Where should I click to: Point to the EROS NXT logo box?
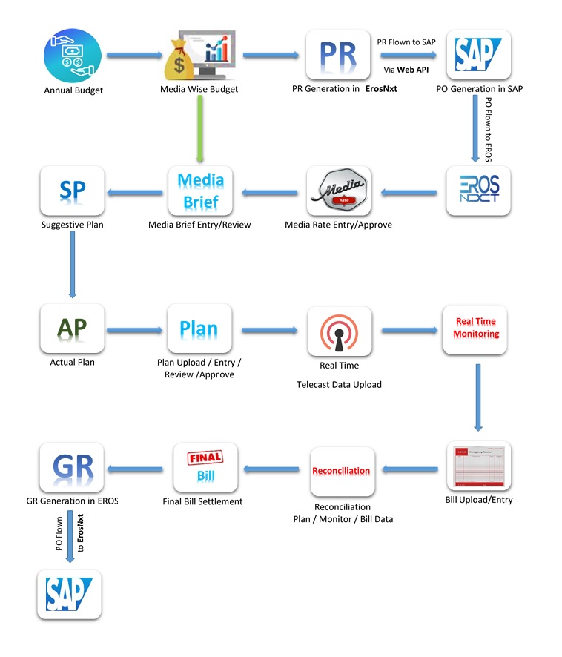pyautogui.click(x=478, y=191)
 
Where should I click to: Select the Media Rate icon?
pyautogui.click(x=339, y=191)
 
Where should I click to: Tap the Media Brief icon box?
pyautogui.click(x=199, y=191)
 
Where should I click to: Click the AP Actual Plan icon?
pyautogui.click(x=73, y=327)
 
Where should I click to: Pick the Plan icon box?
pyautogui.click(x=199, y=328)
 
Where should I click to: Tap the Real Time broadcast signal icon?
pyautogui.click(x=339, y=331)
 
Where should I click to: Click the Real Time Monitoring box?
pyautogui.click(x=477, y=328)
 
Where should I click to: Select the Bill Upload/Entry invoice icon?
pyautogui.click(x=478, y=467)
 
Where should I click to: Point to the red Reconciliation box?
pyautogui.click(x=341, y=471)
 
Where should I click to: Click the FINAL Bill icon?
pyautogui.click(x=205, y=468)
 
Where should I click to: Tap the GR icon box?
pyautogui.click(x=73, y=467)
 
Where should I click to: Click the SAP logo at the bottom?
pyautogui.click(x=69, y=594)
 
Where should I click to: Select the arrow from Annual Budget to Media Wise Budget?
pyautogui.click(x=135, y=55)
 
